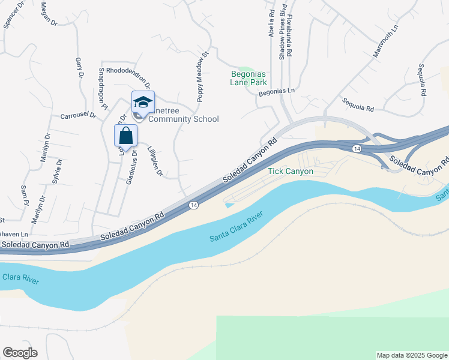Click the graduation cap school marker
point(143,102)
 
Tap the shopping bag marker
point(125,136)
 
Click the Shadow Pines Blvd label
point(282,31)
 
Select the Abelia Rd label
point(272,21)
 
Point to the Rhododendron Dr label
point(128,78)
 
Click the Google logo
point(20,353)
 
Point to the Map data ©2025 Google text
point(411,355)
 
